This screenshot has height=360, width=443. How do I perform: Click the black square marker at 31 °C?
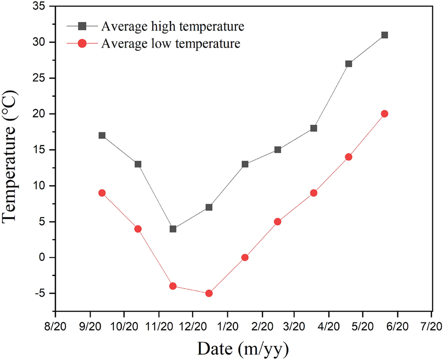(384, 35)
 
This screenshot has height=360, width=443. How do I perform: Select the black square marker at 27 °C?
(349, 64)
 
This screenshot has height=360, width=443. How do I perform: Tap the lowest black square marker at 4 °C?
(173, 229)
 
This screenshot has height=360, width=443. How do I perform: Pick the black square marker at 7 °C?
(209, 207)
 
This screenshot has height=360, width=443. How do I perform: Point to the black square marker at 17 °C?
(102, 135)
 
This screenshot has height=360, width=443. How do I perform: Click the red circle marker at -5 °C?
(209, 293)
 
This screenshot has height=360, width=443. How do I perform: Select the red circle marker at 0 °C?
(245, 257)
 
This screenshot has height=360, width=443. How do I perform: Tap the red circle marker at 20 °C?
(384, 114)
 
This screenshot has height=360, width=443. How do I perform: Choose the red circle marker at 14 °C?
(349, 157)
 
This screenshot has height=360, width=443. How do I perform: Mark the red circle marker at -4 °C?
(173, 286)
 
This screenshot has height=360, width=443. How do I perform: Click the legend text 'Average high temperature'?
(173, 27)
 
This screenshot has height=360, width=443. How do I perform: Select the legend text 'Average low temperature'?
(171, 44)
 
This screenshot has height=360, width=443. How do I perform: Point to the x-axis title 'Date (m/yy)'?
(243, 349)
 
